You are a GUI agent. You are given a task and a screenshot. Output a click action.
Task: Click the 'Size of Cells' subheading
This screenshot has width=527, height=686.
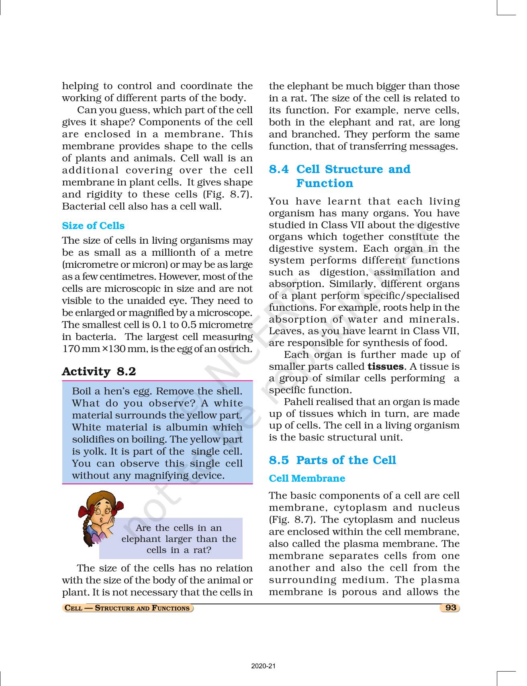(93, 226)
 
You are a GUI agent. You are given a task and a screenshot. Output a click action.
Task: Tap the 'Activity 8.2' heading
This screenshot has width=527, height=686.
(99, 371)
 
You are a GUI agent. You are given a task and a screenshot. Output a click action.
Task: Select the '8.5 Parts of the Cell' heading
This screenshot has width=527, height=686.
(332, 460)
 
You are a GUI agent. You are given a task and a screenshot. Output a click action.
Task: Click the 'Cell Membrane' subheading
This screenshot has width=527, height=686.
(307, 478)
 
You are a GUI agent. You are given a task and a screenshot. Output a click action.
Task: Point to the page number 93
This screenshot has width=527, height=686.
(451, 608)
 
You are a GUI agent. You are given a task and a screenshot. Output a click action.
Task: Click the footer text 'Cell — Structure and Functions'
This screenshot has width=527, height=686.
(127, 608)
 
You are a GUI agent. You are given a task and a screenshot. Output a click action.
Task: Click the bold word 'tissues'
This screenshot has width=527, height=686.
(386, 366)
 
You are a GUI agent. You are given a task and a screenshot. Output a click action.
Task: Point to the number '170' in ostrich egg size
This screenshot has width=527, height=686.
(71, 349)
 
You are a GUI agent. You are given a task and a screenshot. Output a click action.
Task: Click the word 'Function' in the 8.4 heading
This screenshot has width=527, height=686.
(325, 183)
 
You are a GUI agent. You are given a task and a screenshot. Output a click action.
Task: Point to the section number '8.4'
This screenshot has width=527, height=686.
(279, 169)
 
